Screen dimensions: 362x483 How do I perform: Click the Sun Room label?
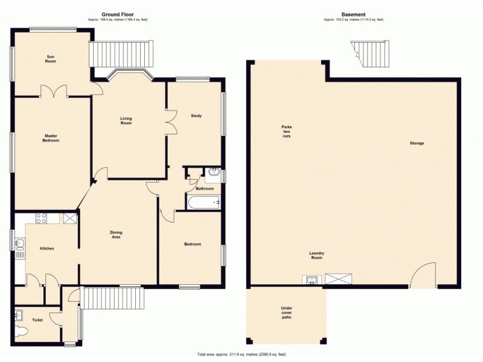(x=51, y=59)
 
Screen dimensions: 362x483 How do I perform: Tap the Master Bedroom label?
(x=51, y=138)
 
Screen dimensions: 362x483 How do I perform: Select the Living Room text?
(x=126, y=121)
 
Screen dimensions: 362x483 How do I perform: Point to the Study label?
(x=196, y=116)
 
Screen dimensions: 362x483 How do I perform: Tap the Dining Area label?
(x=116, y=235)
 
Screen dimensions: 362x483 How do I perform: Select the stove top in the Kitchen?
(x=42, y=218)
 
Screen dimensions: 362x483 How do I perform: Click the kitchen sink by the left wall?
(x=19, y=244)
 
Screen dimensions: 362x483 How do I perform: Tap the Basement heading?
(x=353, y=14)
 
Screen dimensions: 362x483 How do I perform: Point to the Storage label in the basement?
(x=417, y=143)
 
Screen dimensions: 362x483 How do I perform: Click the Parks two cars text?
(x=286, y=132)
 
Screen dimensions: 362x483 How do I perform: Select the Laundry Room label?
(x=316, y=255)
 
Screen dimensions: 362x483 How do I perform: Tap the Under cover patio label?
(x=287, y=313)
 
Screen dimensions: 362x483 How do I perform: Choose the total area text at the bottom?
(x=241, y=354)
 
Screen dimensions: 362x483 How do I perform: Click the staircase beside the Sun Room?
(x=120, y=54)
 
